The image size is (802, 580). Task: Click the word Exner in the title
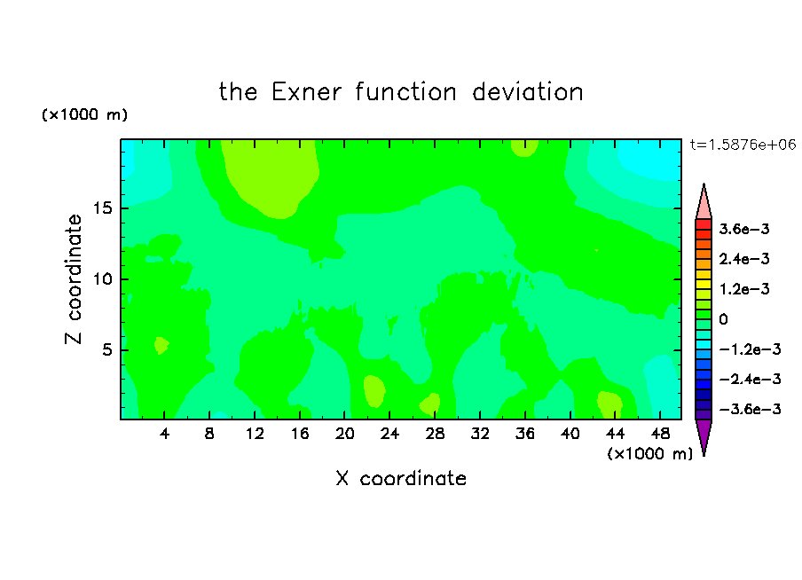coord(306,92)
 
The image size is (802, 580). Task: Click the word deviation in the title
coord(527,92)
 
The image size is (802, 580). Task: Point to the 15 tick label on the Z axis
coord(102,208)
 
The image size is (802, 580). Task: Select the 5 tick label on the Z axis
coord(106,349)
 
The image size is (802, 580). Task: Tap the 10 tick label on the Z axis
coord(102,279)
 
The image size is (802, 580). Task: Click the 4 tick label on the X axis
coord(164,434)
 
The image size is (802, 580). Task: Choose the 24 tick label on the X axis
coord(389,434)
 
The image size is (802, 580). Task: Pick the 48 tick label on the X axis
coord(660,434)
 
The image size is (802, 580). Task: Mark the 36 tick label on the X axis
coord(525,434)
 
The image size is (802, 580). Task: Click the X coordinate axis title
coord(401,478)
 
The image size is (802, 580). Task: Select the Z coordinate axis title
coord(74,279)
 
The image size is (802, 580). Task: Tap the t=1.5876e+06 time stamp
coord(743,145)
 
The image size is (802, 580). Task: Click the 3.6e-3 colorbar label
coord(744,229)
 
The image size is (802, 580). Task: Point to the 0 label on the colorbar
coord(723,319)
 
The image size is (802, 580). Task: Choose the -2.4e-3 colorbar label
coord(750,380)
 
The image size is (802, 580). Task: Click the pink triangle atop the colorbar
coord(704,202)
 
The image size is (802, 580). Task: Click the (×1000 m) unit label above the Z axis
coord(84,114)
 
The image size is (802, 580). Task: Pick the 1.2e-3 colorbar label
coord(744,289)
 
